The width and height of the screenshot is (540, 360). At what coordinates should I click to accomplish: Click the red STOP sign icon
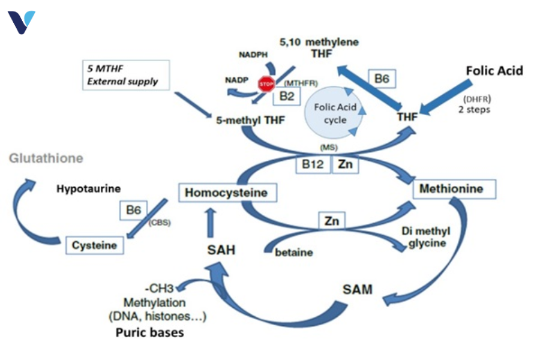pyautogui.click(x=266, y=84)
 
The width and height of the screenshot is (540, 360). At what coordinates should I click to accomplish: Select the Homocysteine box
pyautogui.click(x=223, y=193)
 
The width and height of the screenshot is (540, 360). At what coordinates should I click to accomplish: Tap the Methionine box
pyautogui.click(x=455, y=190)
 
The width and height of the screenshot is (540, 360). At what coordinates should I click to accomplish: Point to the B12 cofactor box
pyautogui.click(x=313, y=163)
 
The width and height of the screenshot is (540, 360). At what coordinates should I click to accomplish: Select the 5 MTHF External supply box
pyautogui.click(x=127, y=75)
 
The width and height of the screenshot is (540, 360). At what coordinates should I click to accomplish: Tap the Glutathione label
pyautogui.click(x=46, y=159)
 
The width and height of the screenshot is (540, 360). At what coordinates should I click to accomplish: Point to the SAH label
pyautogui.click(x=220, y=250)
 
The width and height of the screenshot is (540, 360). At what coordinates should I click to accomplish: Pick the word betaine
pyautogui.click(x=294, y=253)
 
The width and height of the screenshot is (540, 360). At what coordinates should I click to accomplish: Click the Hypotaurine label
pyautogui.click(x=88, y=188)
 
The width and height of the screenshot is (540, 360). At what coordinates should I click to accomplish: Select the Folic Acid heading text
pyautogui.click(x=494, y=71)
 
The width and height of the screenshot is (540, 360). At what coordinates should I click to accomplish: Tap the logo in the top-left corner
pyautogui.click(x=21, y=22)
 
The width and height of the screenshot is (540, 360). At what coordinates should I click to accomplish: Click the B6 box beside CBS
pyautogui.click(x=132, y=211)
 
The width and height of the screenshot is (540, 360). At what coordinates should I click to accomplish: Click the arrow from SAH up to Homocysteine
pyautogui.click(x=209, y=220)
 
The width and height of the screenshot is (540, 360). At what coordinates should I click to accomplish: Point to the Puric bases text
pyautogui.click(x=149, y=331)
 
